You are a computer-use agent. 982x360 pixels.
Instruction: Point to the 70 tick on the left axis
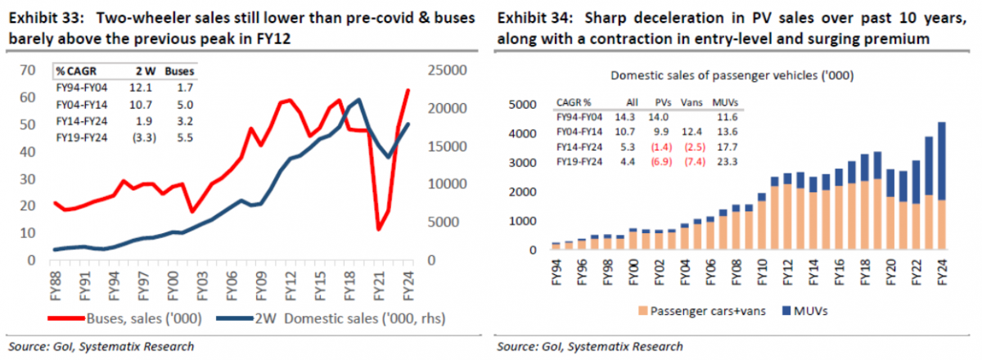pyautogui.click(x=26, y=70)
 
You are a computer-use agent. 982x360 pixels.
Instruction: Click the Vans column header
pyautogui.click(x=692, y=104)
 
